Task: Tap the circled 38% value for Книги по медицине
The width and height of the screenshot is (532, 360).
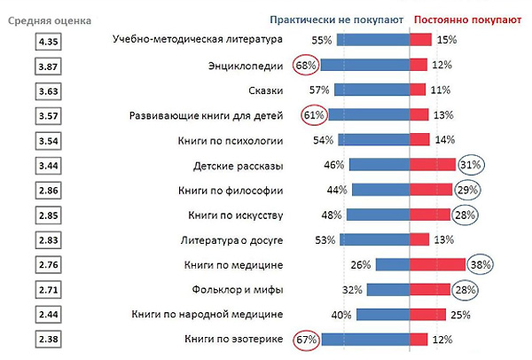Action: point(480,264)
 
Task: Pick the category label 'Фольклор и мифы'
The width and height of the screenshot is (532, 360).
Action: point(237,289)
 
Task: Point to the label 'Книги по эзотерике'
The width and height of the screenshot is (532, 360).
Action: point(233,339)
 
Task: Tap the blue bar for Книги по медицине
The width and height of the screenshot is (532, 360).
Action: point(391,264)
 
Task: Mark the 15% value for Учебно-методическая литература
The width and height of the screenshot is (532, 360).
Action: point(446,40)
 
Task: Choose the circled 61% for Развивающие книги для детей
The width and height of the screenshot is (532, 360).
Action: point(315,115)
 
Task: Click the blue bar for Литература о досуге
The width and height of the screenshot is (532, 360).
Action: point(373,239)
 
